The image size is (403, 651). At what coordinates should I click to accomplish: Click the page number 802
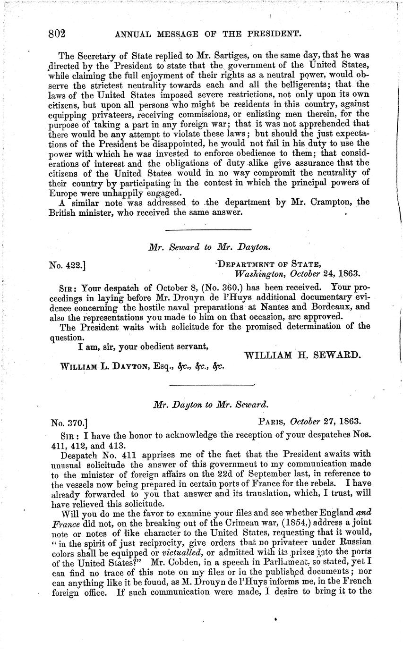point(56,34)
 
